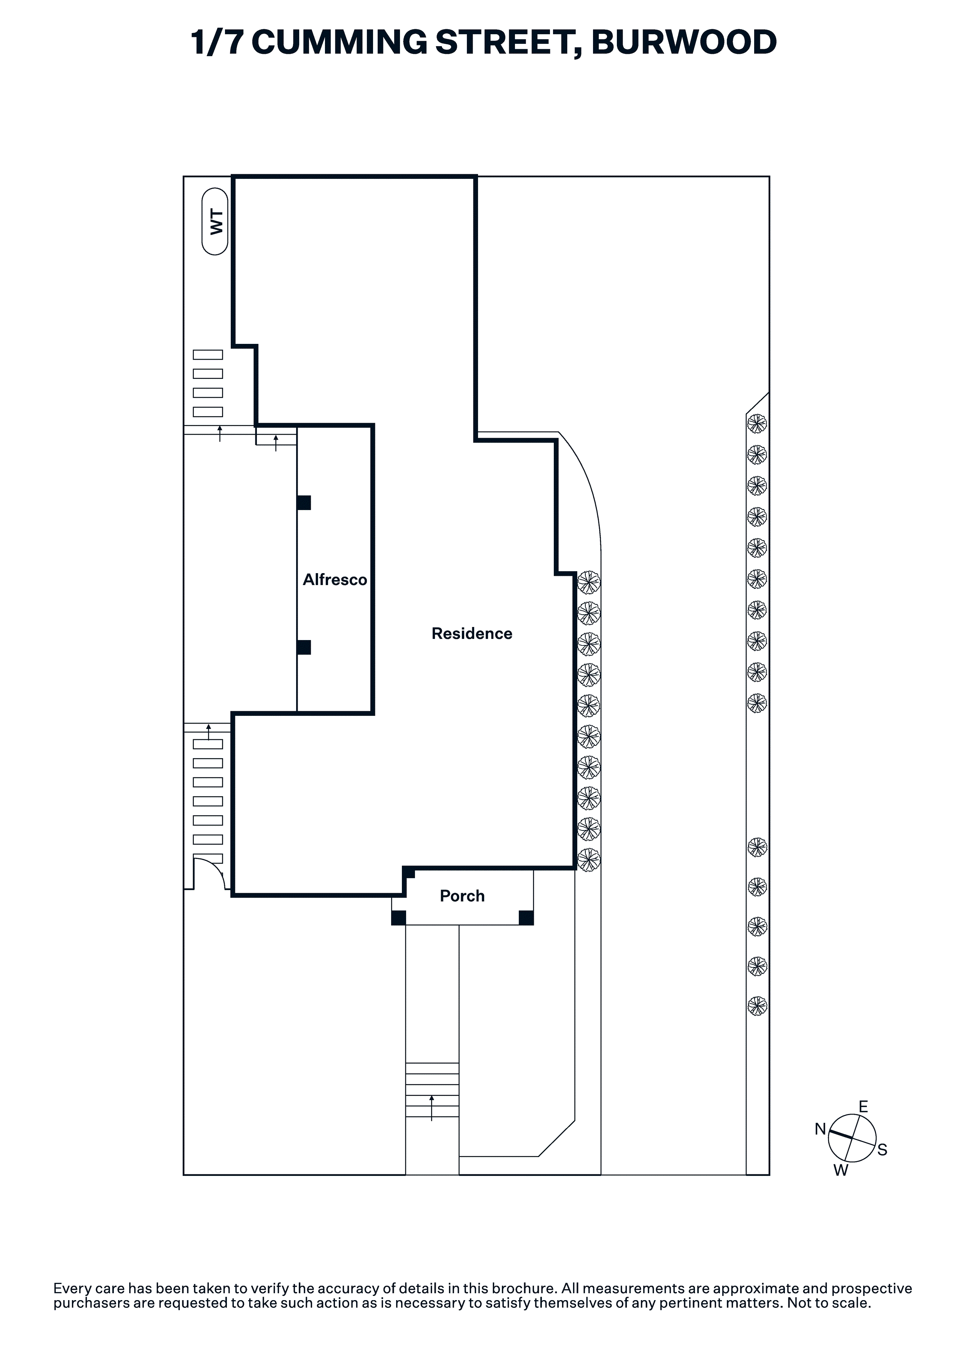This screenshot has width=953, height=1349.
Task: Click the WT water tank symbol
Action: click(215, 222)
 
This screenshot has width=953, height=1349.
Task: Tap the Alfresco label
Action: click(335, 580)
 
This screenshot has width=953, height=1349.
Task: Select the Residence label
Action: click(472, 634)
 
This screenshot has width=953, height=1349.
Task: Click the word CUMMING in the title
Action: click(339, 42)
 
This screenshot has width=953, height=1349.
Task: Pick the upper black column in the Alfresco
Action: click(304, 503)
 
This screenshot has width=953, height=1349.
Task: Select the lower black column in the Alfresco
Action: click(304, 647)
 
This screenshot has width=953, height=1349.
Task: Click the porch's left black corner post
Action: click(398, 918)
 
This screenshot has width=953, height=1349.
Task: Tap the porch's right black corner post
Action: click(526, 918)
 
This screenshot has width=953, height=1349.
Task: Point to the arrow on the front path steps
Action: click(432, 1107)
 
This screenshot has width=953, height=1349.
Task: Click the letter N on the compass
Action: click(820, 1129)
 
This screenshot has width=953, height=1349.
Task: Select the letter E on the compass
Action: click(863, 1107)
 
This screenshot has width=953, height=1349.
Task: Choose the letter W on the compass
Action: click(841, 1171)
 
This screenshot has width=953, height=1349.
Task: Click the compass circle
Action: click(852, 1138)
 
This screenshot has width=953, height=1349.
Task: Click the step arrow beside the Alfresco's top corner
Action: click(276, 442)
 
